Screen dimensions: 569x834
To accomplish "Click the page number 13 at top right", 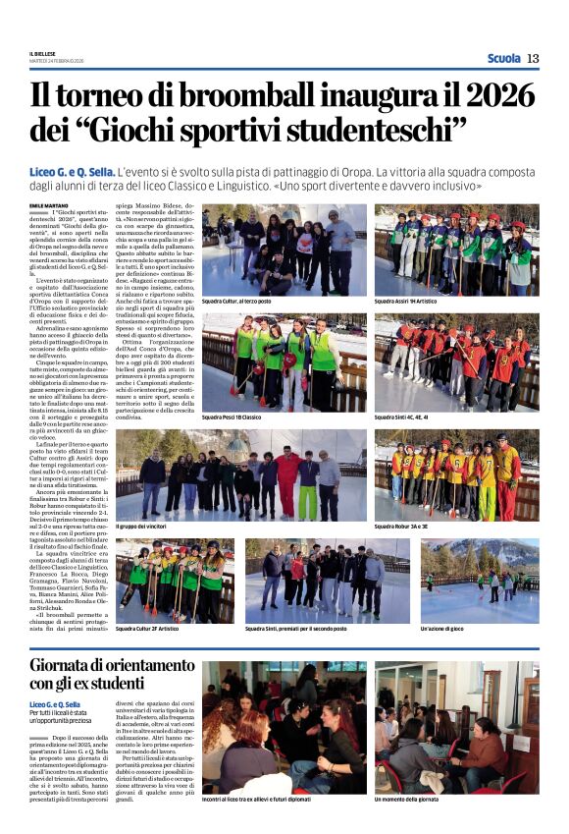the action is [533, 59].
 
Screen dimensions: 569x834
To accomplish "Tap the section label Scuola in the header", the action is [503, 59].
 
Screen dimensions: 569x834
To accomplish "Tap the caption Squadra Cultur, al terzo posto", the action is [237, 302].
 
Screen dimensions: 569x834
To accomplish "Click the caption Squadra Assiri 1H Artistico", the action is [410, 302].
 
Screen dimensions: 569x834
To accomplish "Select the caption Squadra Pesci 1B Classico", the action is [232, 417].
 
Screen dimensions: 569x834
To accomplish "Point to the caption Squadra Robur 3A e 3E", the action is [407, 527].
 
